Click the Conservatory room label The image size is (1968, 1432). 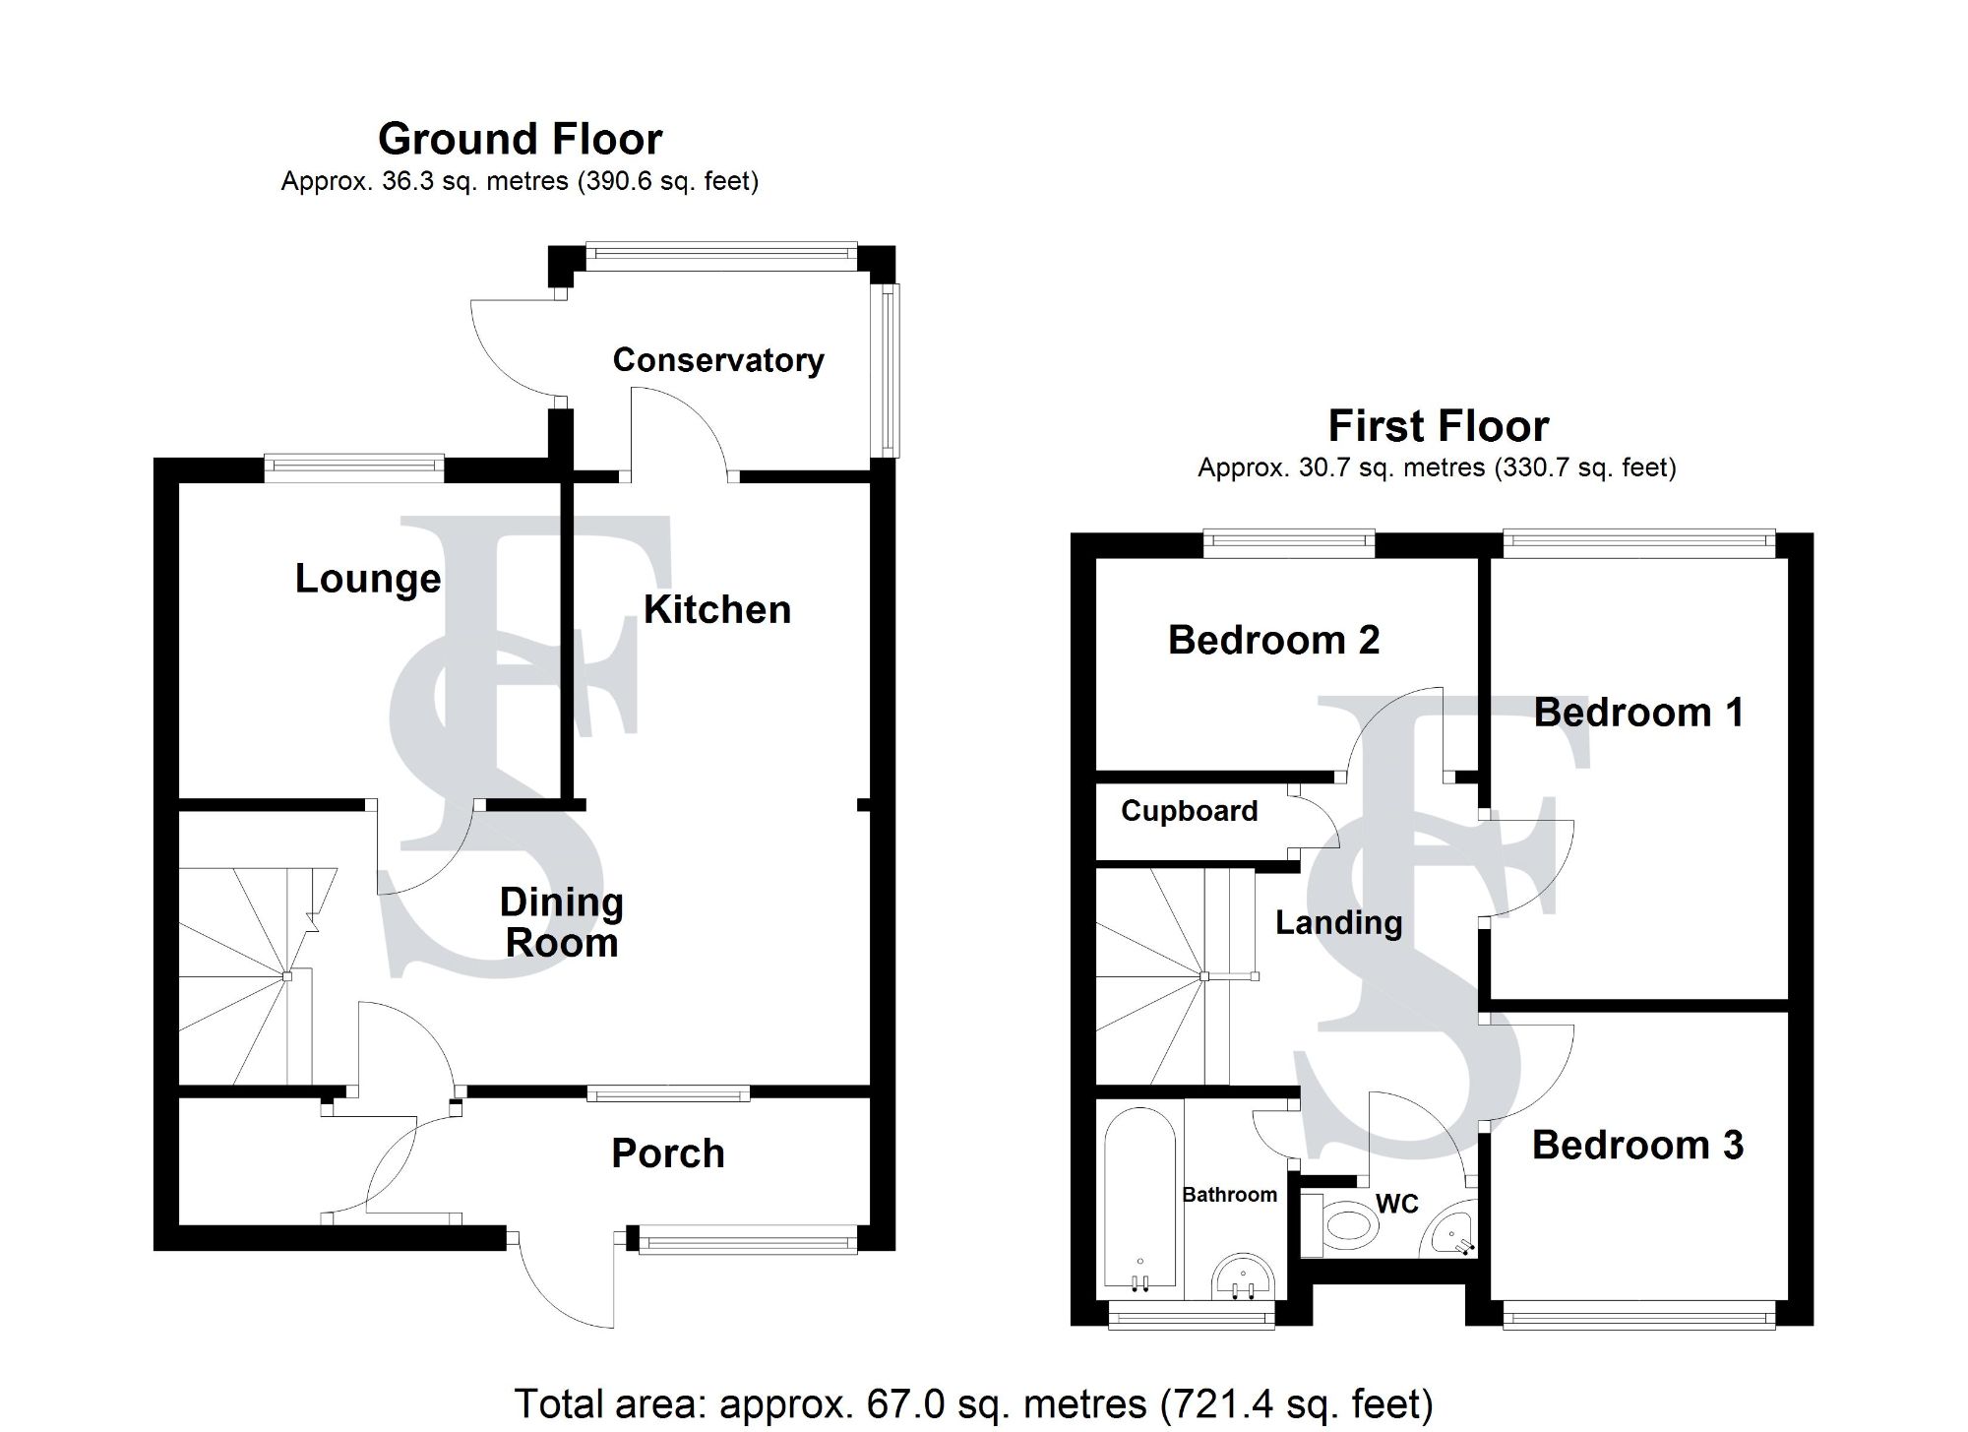pyautogui.click(x=717, y=360)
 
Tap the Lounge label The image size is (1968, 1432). pyautogui.click(x=368, y=579)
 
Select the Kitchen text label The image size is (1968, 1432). pyautogui.click(x=717, y=610)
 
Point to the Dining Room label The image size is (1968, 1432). pyautogui.click(x=561, y=922)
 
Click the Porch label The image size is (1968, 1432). pyautogui.click(x=668, y=1153)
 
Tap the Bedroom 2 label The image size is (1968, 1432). pyautogui.click(x=1273, y=641)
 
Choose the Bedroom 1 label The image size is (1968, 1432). pyautogui.click(x=1637, y=713)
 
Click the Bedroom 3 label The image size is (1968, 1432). pyautogui.click(x=1637, y=1145)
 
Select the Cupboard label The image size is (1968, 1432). pyautogui.click(x=1189, y=811)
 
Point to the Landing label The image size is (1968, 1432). pyautogui.click(x=1338, y=923)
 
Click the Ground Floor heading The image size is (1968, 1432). pyautogui.click(x=520, y=139)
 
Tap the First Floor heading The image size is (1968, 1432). pyautogui.click(x=1438, y=426)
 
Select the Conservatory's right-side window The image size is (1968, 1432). pyautogui.click(x=889, y=370)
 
